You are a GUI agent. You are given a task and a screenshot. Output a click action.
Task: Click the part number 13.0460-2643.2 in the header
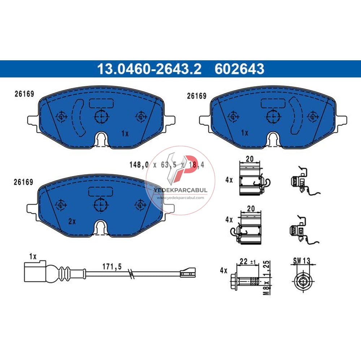149,69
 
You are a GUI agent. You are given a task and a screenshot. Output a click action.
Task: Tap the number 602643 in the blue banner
239,69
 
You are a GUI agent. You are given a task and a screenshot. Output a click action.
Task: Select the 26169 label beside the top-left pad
24,94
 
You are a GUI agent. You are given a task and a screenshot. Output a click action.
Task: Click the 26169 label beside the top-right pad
197,96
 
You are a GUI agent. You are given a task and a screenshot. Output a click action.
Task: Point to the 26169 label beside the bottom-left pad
23,183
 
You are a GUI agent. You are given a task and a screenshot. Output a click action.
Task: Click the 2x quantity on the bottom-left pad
72,221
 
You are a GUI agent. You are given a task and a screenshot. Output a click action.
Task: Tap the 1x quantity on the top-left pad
125,134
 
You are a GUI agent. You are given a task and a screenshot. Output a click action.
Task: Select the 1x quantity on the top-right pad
244,133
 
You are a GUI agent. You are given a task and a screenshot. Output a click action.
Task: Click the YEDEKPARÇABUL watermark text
180,190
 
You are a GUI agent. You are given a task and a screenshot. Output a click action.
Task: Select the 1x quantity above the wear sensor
33,257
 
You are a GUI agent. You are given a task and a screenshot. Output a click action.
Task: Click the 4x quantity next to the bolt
223,270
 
